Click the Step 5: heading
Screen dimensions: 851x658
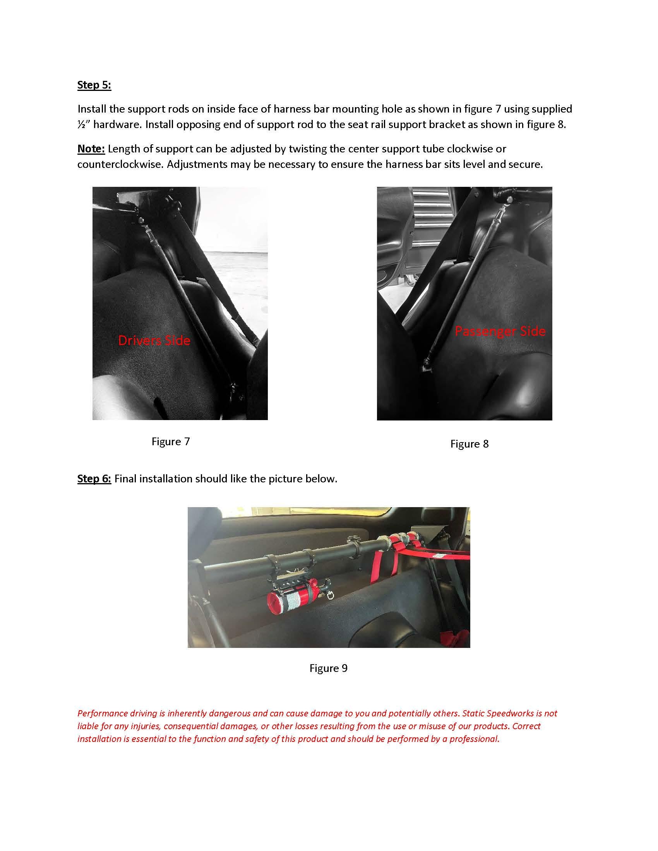94,85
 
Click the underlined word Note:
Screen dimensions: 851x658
91,149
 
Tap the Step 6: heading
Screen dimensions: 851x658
94,478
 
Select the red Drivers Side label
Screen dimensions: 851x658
154,340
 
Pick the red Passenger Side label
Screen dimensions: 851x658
500,331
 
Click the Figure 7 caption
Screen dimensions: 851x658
170,441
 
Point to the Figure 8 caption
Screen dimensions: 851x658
469,444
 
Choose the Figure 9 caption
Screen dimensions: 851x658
328,668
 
